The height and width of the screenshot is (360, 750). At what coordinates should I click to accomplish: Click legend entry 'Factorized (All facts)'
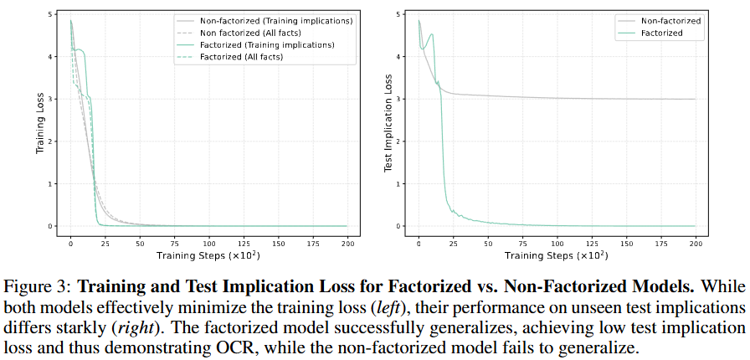(259, 57)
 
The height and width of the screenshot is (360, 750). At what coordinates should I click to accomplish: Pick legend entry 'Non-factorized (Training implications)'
(270, 19)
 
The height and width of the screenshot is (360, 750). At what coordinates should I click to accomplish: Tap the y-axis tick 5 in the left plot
(52, 15)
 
